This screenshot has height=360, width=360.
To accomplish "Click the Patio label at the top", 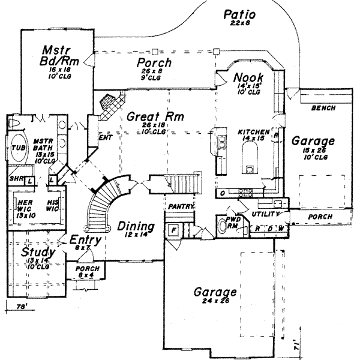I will click(239, 14).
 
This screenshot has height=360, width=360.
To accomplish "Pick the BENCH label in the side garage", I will click(323, 109).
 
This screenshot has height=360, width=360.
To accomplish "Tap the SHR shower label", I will click(15, 179).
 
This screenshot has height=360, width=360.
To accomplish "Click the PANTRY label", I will click(180, 206).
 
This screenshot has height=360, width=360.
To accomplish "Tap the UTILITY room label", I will click(266, 214).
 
